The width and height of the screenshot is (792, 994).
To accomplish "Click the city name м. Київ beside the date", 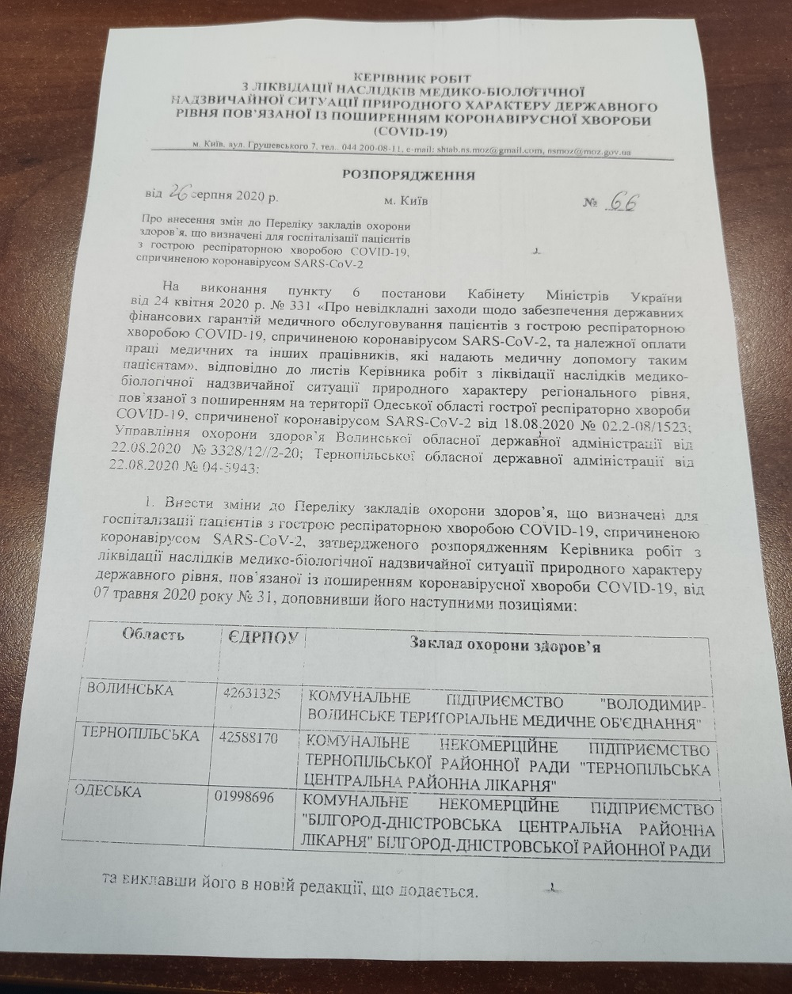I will tap(406, 201).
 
